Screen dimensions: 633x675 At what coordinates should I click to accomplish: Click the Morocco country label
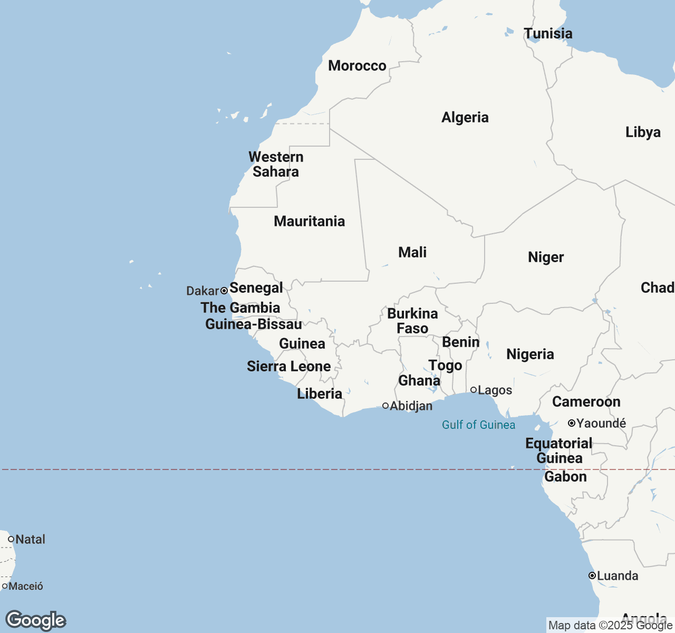click(357, 66)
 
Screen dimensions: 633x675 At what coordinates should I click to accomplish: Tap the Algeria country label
click(465, 117)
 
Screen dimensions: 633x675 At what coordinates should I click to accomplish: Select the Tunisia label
click(548, 34)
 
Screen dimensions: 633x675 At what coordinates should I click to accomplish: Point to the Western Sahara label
click(276, 164)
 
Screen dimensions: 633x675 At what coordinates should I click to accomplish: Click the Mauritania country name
click(309, 221)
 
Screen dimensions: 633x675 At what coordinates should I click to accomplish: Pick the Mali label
click(412, 252)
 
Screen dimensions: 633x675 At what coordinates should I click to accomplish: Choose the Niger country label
click(546, 257)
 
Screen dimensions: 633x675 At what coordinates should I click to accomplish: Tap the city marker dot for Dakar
click(224, 291)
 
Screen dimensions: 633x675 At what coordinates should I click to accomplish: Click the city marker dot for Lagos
click(474, 390)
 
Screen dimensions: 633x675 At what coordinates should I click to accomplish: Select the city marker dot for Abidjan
click(385, 406)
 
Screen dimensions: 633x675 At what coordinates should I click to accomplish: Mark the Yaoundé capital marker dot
click(571, 423)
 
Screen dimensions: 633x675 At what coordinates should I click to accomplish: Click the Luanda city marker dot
click(592, 576)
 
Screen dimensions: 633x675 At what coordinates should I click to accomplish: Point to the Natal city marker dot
click(11, 539)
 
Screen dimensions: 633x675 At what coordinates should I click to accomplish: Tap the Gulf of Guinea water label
click(478, 425)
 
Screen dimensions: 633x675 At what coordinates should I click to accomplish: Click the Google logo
click(35, 620)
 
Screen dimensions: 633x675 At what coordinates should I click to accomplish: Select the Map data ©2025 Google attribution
click(610, 626)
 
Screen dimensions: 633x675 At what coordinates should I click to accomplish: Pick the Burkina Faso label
click(412, 321)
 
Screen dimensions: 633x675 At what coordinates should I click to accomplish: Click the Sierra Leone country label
click(288, 366)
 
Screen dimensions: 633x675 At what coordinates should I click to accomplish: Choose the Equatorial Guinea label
click(559, 450)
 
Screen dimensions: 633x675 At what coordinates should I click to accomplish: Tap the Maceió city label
click(26, 586)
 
